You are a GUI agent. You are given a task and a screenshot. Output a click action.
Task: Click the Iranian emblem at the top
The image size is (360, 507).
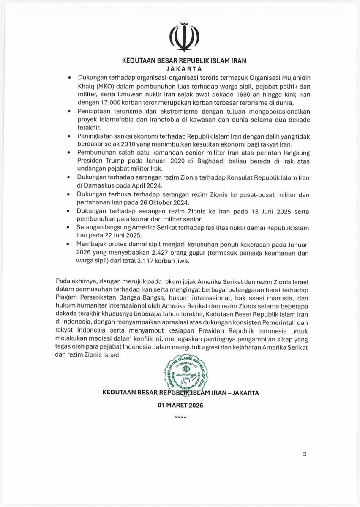180,38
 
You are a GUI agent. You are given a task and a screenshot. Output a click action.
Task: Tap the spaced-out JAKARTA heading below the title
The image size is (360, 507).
180,68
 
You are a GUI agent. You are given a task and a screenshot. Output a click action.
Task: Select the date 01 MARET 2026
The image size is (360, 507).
180,406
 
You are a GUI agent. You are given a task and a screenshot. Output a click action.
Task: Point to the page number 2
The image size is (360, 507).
304,454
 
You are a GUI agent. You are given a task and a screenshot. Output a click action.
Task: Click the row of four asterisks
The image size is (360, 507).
180,418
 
